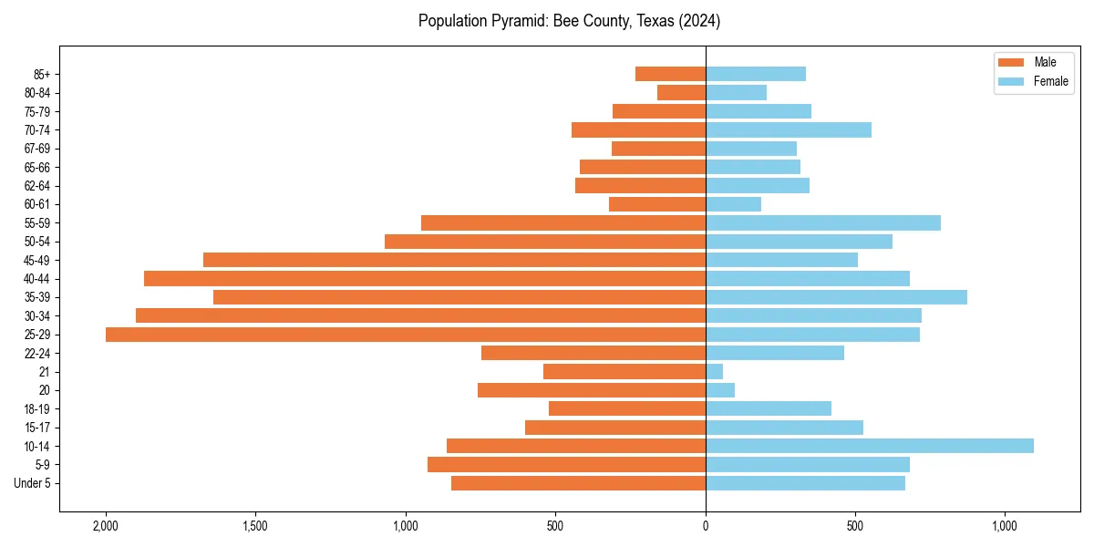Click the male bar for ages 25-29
coord(406,335)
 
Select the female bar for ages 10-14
coord(870,446)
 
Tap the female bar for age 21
coord(714,372)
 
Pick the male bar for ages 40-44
coord(425,279)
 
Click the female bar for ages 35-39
coord(836,297)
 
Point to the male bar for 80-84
coord(681,93)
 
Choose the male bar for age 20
coord(592,390)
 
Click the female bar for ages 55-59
coord(823,223)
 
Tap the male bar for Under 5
coord(578,483)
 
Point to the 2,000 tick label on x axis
coord(106,526)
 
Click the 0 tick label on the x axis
coord(706,526)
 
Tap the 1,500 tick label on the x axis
coord(255,526)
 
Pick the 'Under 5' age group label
coord(32,483)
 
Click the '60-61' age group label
coord(36,204)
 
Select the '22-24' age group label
coord(36,354)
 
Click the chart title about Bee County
coord(569,21)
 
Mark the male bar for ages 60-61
coord(657,204)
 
